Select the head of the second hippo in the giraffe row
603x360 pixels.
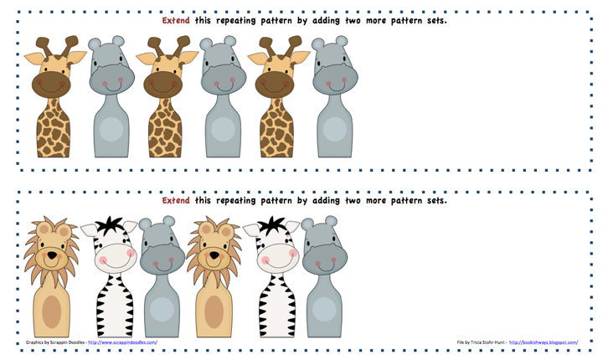tap(221, 71)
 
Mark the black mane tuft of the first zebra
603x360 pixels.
tap(110, 225)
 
